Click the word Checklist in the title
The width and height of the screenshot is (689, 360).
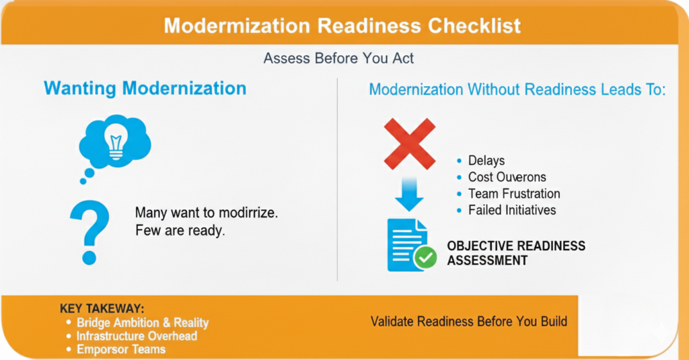coord(474,26)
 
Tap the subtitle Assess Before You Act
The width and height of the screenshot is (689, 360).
coord(338,59)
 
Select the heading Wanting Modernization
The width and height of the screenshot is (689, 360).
coord(145,88)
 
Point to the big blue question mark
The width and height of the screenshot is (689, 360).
coord(89,232)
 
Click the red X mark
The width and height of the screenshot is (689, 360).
coord(410,144)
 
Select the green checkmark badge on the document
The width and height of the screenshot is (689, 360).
coord(425,258)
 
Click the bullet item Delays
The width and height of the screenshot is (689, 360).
coord(486,160)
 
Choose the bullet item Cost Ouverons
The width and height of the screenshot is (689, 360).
coord(507,177)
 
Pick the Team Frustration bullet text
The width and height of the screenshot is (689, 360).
coord(514,193)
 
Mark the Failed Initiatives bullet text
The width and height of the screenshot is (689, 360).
coord(512,210)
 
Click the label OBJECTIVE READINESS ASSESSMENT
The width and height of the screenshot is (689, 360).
coord(516,253)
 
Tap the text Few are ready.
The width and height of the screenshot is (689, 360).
coord(180,230)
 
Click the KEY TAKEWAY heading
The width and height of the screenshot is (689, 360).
coord(102,309)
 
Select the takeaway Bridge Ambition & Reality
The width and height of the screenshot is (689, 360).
coord(143,322)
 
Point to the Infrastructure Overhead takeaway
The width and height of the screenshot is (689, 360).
coord(137,336)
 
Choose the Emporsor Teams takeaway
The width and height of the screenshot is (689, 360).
coord(121,349)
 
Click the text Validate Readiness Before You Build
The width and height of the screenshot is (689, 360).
coord(469,322)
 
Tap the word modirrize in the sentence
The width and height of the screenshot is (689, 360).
coord(248,213)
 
